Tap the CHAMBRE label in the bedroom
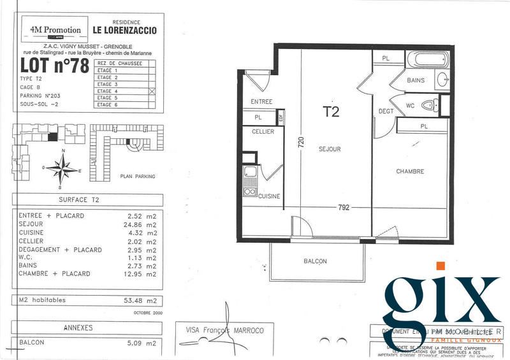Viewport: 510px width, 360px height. pos(410,171)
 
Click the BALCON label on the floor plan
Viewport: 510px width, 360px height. pos(315,261)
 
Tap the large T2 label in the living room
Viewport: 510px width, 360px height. pos(331,113)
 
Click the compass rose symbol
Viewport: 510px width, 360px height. pos(62,168)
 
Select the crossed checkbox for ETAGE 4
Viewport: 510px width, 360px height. pos(152,91)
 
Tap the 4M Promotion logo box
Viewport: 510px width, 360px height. pos(55,30)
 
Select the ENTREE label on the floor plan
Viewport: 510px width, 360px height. pos(261,101)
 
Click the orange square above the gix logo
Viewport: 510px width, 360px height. pos(441,266)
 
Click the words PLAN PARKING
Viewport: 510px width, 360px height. pos(137,176)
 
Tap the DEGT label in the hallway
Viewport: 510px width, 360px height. pos(386,111)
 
